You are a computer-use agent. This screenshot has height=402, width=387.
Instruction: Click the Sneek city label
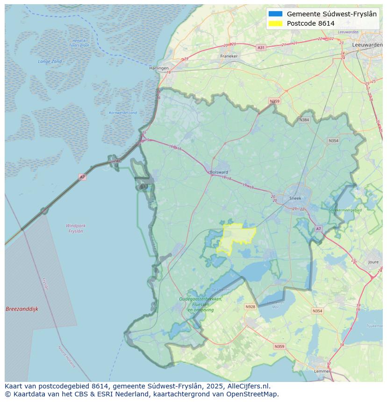coord(295,198)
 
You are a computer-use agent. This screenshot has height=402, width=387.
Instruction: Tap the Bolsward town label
coord(219,172)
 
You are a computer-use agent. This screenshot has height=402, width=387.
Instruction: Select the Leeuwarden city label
coord(367,44)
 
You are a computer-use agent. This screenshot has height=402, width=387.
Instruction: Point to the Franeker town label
coord(229,56)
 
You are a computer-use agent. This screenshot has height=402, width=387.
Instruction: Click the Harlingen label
coord(159,68)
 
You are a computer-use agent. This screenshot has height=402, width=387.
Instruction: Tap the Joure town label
coord(373,262)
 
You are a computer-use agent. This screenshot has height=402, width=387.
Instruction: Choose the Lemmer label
coord(322,371)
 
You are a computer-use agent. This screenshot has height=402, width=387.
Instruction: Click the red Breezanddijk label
coord(21,309)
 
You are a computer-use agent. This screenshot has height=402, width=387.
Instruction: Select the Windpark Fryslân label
coord(75,228)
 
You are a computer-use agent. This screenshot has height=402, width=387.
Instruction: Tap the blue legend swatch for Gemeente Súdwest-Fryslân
coord(275,14)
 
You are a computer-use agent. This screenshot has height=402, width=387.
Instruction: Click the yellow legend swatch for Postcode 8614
coord(275,23)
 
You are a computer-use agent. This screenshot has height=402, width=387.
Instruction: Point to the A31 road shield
coord(261,48)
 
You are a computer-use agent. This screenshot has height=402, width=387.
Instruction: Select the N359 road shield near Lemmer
coord(279,346)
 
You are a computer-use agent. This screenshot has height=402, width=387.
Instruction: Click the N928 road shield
coord(250,307)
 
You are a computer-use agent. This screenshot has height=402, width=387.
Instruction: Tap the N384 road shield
coord(304,120)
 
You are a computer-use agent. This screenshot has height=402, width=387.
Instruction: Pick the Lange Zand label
coord(50,62)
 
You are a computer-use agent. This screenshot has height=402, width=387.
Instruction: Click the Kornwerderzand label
coord(123,113)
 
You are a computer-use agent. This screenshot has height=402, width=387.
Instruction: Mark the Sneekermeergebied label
coord(345,211)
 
